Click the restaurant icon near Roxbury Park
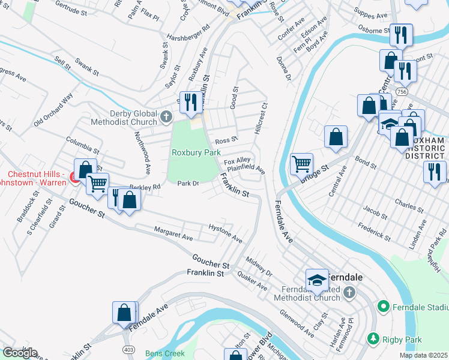click(x=190, y=101)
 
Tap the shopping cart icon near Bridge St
click(x=301, y=163)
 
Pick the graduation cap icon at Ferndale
click(x=317, y=279)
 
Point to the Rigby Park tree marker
click(x=373, y=339)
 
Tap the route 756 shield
click(x=401, y=91)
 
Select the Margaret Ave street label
click(x=173, y=234)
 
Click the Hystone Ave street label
click(x=225, y=233)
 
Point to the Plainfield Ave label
click(x=246, y=169)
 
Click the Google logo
click(x=20, y=353)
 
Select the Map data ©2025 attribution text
click(x=423, y=355)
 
